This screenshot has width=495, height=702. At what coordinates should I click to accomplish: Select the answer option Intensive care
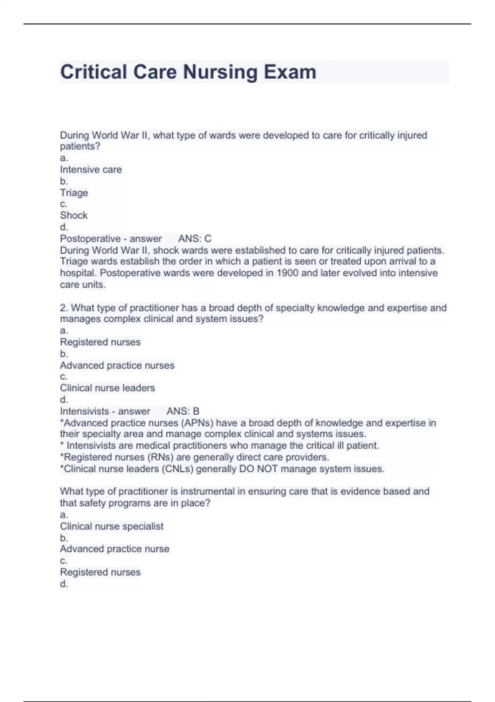click(91, 170)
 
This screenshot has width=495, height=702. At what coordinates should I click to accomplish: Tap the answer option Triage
click(74, 193)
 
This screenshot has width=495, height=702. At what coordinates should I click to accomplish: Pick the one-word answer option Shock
click(73, 216)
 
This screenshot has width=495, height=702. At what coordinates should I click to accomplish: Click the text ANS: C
click(195, 239)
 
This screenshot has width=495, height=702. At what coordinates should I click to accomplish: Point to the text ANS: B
click(183, 411)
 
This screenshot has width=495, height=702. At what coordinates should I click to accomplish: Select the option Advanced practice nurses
click(117, 365)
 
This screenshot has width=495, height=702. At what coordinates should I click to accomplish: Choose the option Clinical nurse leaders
click(107, 388)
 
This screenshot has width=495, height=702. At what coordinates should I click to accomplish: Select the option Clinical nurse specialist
click(111, 526)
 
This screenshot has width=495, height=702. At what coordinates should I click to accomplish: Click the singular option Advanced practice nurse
click(115, 549)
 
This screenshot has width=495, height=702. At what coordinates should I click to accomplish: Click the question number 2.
click(63, 308)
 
